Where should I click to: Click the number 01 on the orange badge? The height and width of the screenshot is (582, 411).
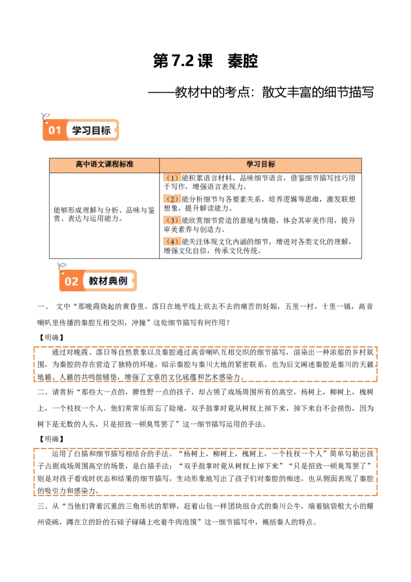(55, 131)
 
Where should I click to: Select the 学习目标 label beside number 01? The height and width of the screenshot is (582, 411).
(91, 131)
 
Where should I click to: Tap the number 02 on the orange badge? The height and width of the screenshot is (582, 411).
(71, 281)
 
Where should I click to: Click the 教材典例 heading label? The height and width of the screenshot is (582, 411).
(108, 281)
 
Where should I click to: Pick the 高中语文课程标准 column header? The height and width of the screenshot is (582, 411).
(104, 165)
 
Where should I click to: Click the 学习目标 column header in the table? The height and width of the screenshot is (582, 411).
(260, 165)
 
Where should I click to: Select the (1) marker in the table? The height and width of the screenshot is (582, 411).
(173, 178)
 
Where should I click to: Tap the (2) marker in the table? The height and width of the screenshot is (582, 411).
(173, 199)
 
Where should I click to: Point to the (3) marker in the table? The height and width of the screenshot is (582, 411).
(173, 221)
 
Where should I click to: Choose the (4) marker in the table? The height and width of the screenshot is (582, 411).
(173, 241)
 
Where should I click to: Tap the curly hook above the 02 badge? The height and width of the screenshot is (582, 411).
(62, 267)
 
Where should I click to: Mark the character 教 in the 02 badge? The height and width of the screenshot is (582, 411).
(94, 281)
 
